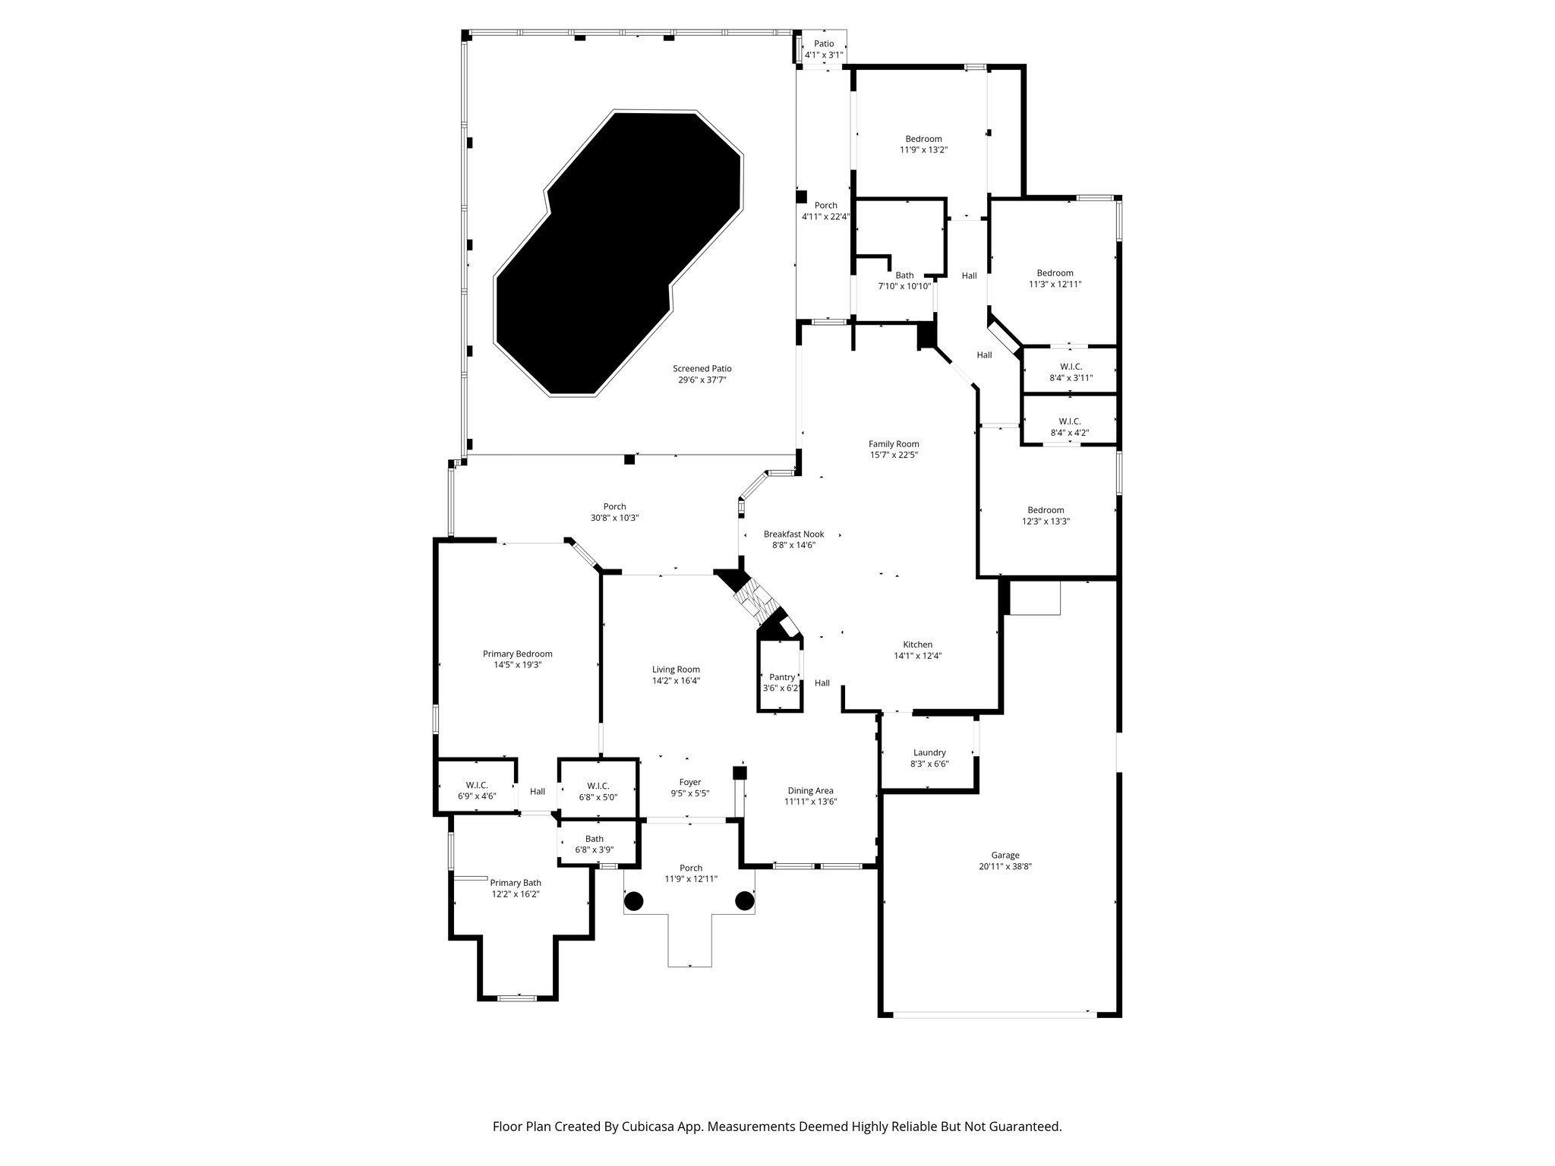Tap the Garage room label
[1005, 855]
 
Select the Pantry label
[781, 677]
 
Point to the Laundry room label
[929, 752]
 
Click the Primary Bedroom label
[517, 654]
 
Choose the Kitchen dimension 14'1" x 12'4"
[917, 656]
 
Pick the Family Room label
[894, 444]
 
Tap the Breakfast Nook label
[793, 534]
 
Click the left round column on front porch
[633, 901]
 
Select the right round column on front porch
[744, 901]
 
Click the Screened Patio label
[702, 368]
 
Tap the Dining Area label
[810, 790]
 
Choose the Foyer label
[689, 782]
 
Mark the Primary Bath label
[516, 882]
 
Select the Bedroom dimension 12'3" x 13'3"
[1046, 522]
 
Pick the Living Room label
[676, 670]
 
